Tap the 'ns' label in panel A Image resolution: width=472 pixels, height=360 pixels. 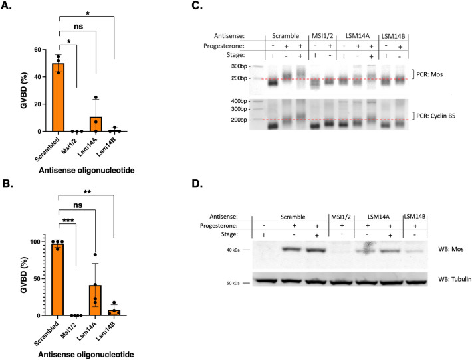(x=78, y=29)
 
